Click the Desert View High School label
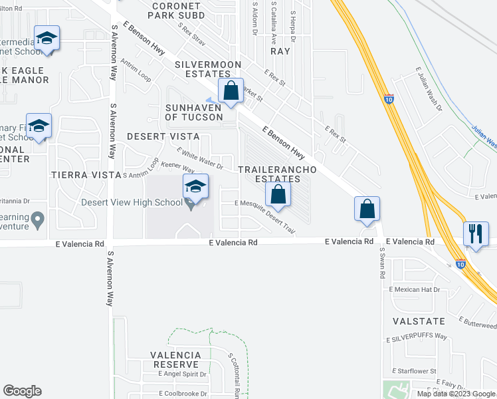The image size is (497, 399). click(132, 203)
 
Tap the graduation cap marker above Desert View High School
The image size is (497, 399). click(195, 186)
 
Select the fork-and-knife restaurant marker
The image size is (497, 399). click(475, 233)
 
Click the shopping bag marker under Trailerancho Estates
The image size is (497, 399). click(278, 195)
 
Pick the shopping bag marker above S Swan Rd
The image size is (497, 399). click(367, 209)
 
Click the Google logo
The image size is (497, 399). click(22, 391)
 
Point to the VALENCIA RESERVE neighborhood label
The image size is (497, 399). click(175, 360)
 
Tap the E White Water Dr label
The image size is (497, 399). click(199, 158)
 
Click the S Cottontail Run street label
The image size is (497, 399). click(235, 376)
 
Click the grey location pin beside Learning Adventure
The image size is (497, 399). click(38, 218)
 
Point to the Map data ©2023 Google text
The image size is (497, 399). click(455, 394)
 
